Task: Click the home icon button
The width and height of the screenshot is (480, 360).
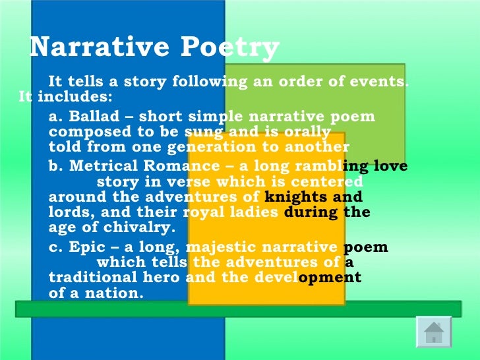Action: coord(433,332)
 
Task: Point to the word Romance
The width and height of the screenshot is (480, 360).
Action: coord(167,167)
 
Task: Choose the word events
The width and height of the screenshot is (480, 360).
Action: coord(381,82)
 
